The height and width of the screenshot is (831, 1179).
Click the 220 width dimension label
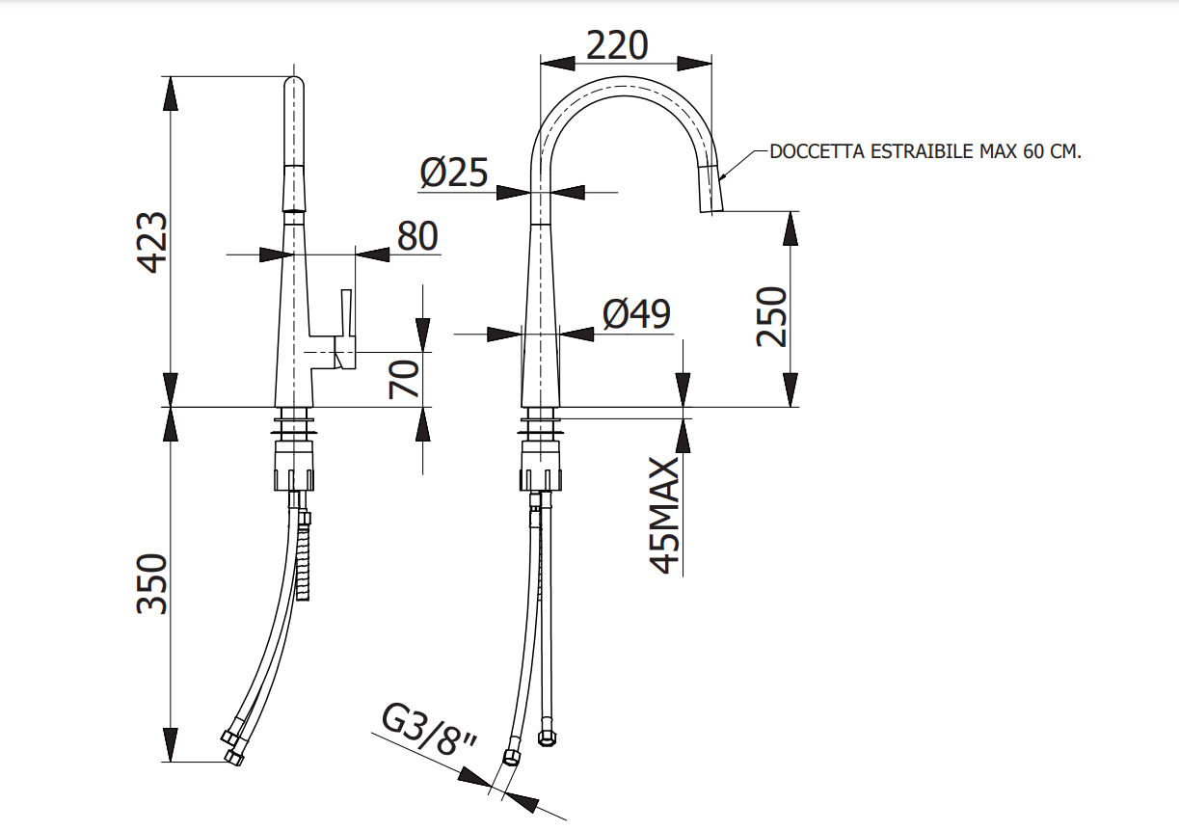point(617,44)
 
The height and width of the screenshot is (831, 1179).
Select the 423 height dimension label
point(152,242)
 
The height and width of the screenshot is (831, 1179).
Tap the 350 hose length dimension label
point(152,583)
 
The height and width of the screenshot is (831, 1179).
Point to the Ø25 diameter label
point(454,174)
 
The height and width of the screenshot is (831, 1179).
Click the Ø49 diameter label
point(636,314)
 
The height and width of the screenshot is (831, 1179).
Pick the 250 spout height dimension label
point(772,315)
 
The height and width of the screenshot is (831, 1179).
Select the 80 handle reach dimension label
point(417,235)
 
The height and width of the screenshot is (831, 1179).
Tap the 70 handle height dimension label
point(406,378)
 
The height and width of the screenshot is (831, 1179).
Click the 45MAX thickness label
point(666,515)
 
